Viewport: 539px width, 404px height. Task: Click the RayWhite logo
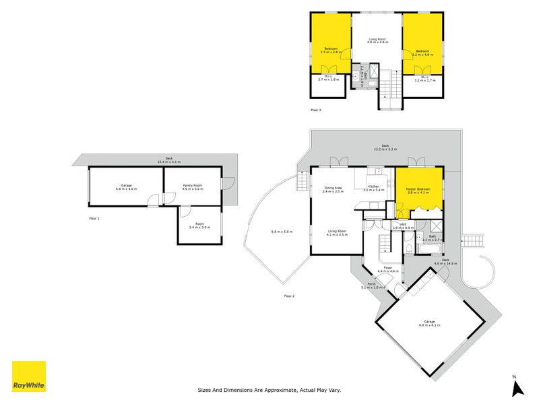29,376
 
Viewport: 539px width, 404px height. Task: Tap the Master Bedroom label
418,190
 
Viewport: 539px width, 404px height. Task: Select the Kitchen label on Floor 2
373,188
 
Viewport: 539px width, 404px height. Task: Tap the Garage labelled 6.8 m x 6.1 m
429,323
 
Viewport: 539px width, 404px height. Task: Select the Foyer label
388,269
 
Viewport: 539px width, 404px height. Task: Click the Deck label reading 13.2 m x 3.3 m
385,147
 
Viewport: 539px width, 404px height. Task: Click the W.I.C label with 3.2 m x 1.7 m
424,79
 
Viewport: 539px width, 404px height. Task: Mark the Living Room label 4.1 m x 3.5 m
336,233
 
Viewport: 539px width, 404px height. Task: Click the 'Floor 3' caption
315,110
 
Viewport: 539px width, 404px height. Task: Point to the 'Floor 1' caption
94,219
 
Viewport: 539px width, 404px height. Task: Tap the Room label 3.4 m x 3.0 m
199,226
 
